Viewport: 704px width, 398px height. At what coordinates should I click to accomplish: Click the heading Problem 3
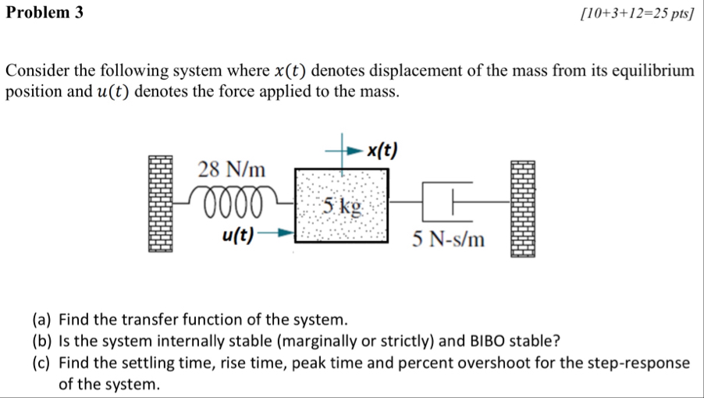(x=44, y=13)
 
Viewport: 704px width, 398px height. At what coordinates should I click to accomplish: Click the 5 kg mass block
(x=341, y=205)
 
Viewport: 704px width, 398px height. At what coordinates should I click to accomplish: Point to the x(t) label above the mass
(x=382, y=149)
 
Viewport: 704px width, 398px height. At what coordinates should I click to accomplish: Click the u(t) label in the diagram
(x=236, y=232)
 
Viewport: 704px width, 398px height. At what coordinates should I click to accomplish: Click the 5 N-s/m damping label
(x=449, y=239)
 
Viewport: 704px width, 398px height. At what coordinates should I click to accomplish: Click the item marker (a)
(x=43, y=319)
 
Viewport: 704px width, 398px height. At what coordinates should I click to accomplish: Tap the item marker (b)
(x=43, y=341)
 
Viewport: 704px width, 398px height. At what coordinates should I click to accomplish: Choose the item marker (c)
(x=43, y=363)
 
